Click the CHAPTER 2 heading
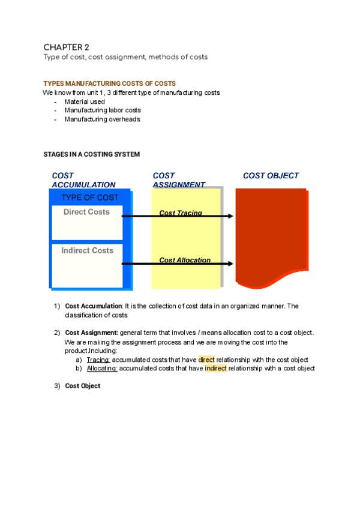pos(66,47)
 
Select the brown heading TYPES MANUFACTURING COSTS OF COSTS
pos(109,83)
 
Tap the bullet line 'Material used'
pos(85,102)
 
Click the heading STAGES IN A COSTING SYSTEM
pos(91,154)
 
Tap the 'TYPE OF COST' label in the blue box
pos(90,197)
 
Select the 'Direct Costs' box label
pos(87,212)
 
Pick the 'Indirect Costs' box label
pos(87,250)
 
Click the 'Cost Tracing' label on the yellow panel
pos(181,213)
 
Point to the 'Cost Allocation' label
pos(185,260)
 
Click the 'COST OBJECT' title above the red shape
pos(271,176)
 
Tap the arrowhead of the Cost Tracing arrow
pos(230,216)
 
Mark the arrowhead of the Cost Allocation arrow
pos(230,263)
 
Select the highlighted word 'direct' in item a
pos(206,360)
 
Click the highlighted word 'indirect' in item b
pos(215,368)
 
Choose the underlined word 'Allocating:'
pos(102,368)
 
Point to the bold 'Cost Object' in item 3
pos(82,386)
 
